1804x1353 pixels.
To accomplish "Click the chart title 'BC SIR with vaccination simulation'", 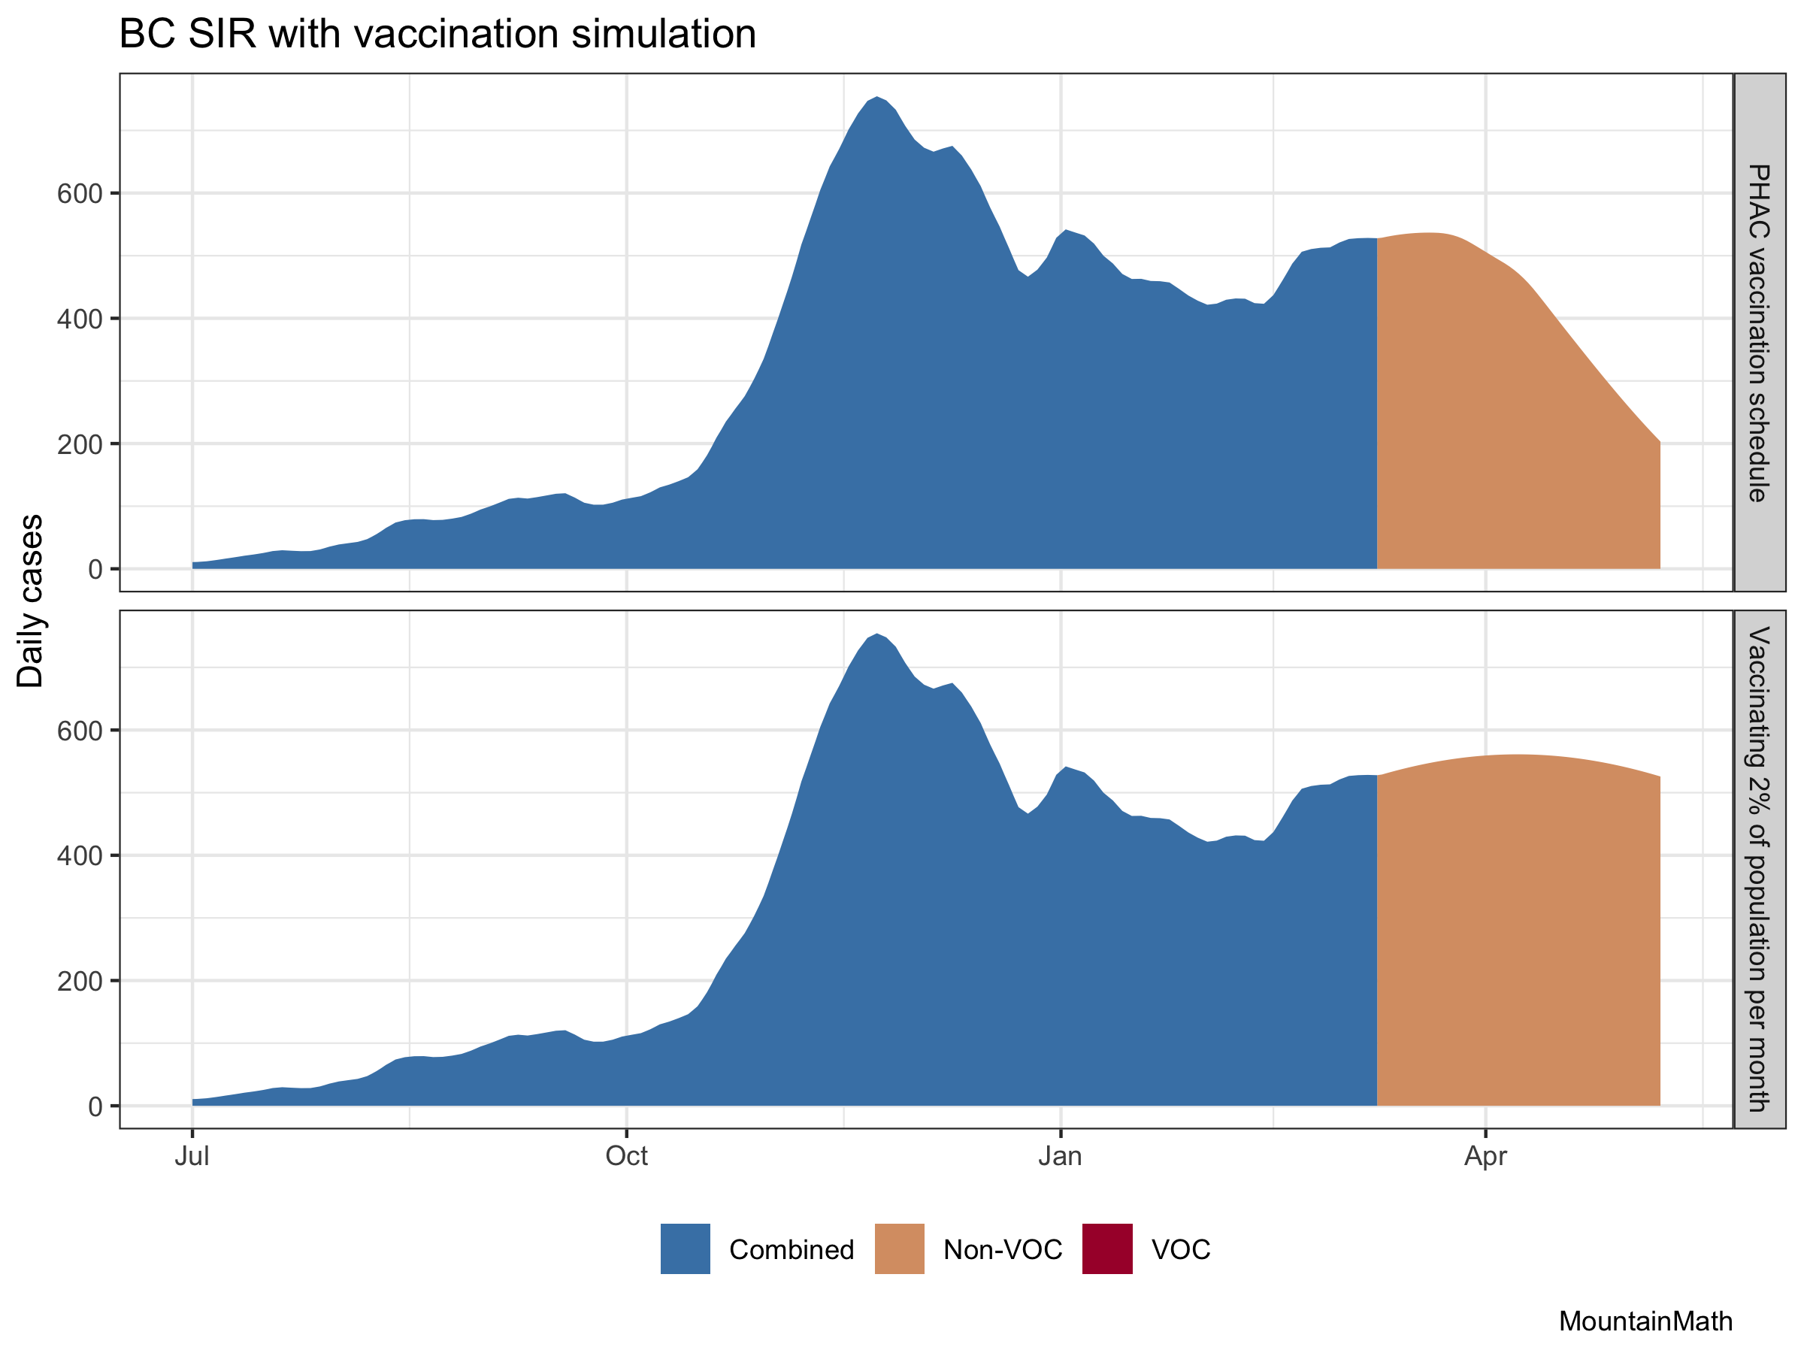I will click(437, 35).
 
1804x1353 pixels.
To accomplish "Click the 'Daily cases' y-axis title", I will click(31, 601).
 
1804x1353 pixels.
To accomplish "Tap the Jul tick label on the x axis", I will click(192, 1157).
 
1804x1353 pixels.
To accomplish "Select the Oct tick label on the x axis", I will click(626, 1157).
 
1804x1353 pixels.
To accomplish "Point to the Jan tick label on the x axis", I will click(1060, 1157).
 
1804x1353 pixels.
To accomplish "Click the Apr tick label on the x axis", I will click(1485, 1157).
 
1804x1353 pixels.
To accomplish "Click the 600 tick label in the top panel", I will click(79, 194).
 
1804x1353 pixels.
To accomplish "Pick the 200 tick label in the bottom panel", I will click(79, 981).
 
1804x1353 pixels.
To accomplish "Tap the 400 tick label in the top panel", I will click(79, 319).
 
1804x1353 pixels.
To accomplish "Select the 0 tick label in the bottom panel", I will click(95, 1106).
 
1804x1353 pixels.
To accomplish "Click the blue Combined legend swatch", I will click(685, 1249).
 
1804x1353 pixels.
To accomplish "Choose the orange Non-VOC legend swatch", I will click(900, 1249).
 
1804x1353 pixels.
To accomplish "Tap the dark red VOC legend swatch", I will click(1106, 1249).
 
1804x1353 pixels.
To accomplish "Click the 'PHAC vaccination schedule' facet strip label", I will click(1758, 333).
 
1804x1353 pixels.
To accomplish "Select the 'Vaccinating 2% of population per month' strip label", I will click(1758, 870).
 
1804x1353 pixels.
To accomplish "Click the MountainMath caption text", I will click(1645, 1322).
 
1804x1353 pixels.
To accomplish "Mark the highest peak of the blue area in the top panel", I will click(876, 98).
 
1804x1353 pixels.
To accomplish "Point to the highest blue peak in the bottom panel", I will click(876, 635).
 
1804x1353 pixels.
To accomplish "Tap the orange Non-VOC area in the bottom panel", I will click(1517, 938).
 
